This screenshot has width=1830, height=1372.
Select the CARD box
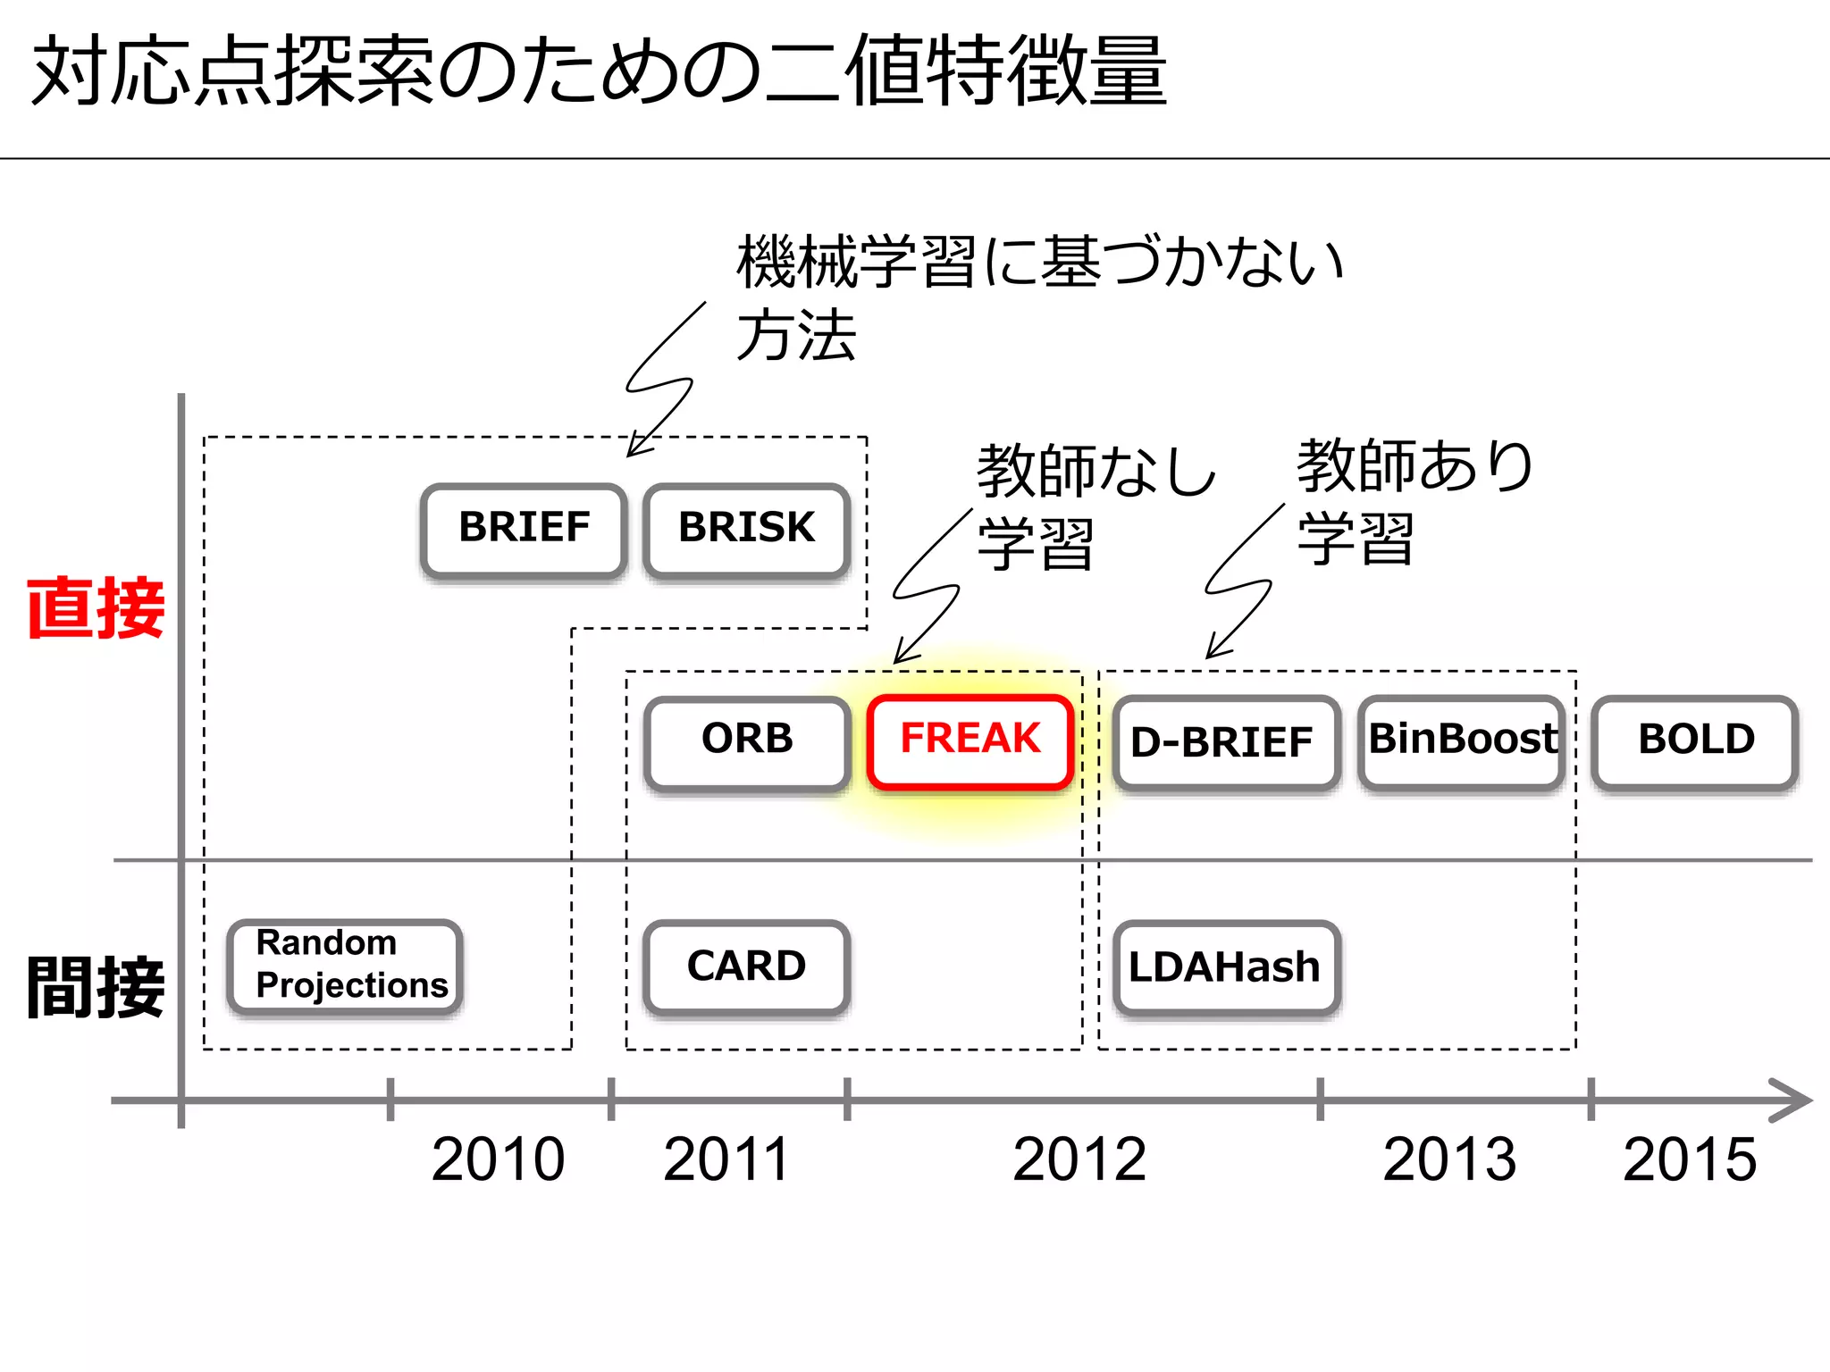(746, 966)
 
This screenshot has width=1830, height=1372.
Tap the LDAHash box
(1225, 966)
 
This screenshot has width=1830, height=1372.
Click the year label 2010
(498, 1159)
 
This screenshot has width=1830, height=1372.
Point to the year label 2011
(726, 1159)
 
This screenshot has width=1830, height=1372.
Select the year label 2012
(1079, 1159)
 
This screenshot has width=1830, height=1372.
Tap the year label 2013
(1449, 1159)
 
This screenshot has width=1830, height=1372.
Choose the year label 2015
(1690, 1159)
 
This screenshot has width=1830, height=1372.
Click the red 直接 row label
(96, 608)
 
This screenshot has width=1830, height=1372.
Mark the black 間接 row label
(96, 987)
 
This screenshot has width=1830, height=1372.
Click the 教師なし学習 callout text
(1095, 505)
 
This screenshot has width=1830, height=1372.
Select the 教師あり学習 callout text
(1414, 501)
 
